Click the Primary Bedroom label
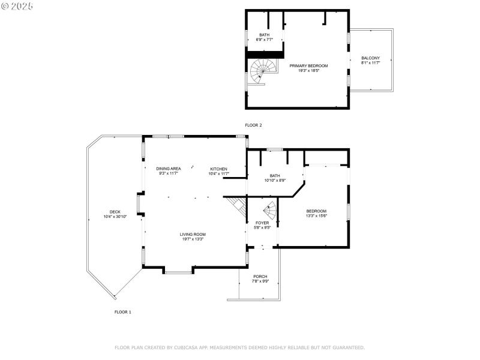tap(309, 65)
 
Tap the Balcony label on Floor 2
tap(370, 58)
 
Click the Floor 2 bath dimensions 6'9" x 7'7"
tap(264, 40)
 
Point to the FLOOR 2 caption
tap(253, 125)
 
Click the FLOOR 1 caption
tap(122, 312)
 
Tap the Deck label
tap(115, 212)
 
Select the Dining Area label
tap(168, 169)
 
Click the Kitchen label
tap(219, 169)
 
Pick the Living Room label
tap(193, 234)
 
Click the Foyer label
tap(263, 223)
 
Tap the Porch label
tap(260, 276)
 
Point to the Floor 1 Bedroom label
tap(316, 211)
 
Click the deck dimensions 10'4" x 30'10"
tap(115, 217)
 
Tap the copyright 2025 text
tap(17, 5)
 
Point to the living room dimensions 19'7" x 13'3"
tap(193, 239)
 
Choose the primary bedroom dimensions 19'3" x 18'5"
tap(309, 70)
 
